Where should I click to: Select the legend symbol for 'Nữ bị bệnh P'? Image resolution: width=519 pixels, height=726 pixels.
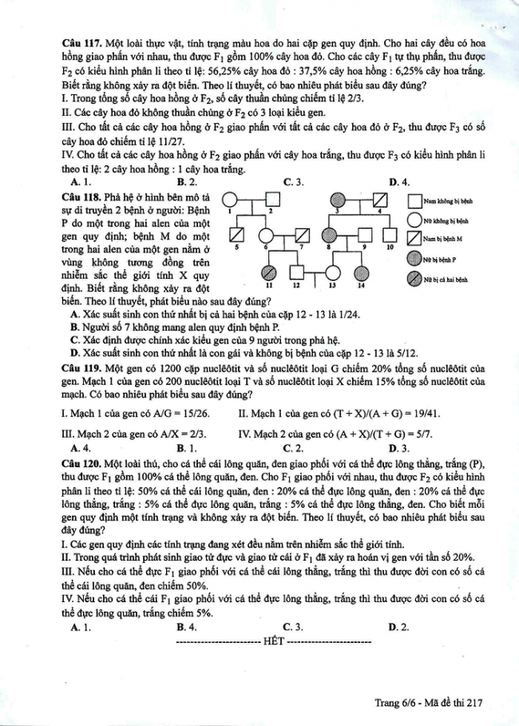click(414, 258)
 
